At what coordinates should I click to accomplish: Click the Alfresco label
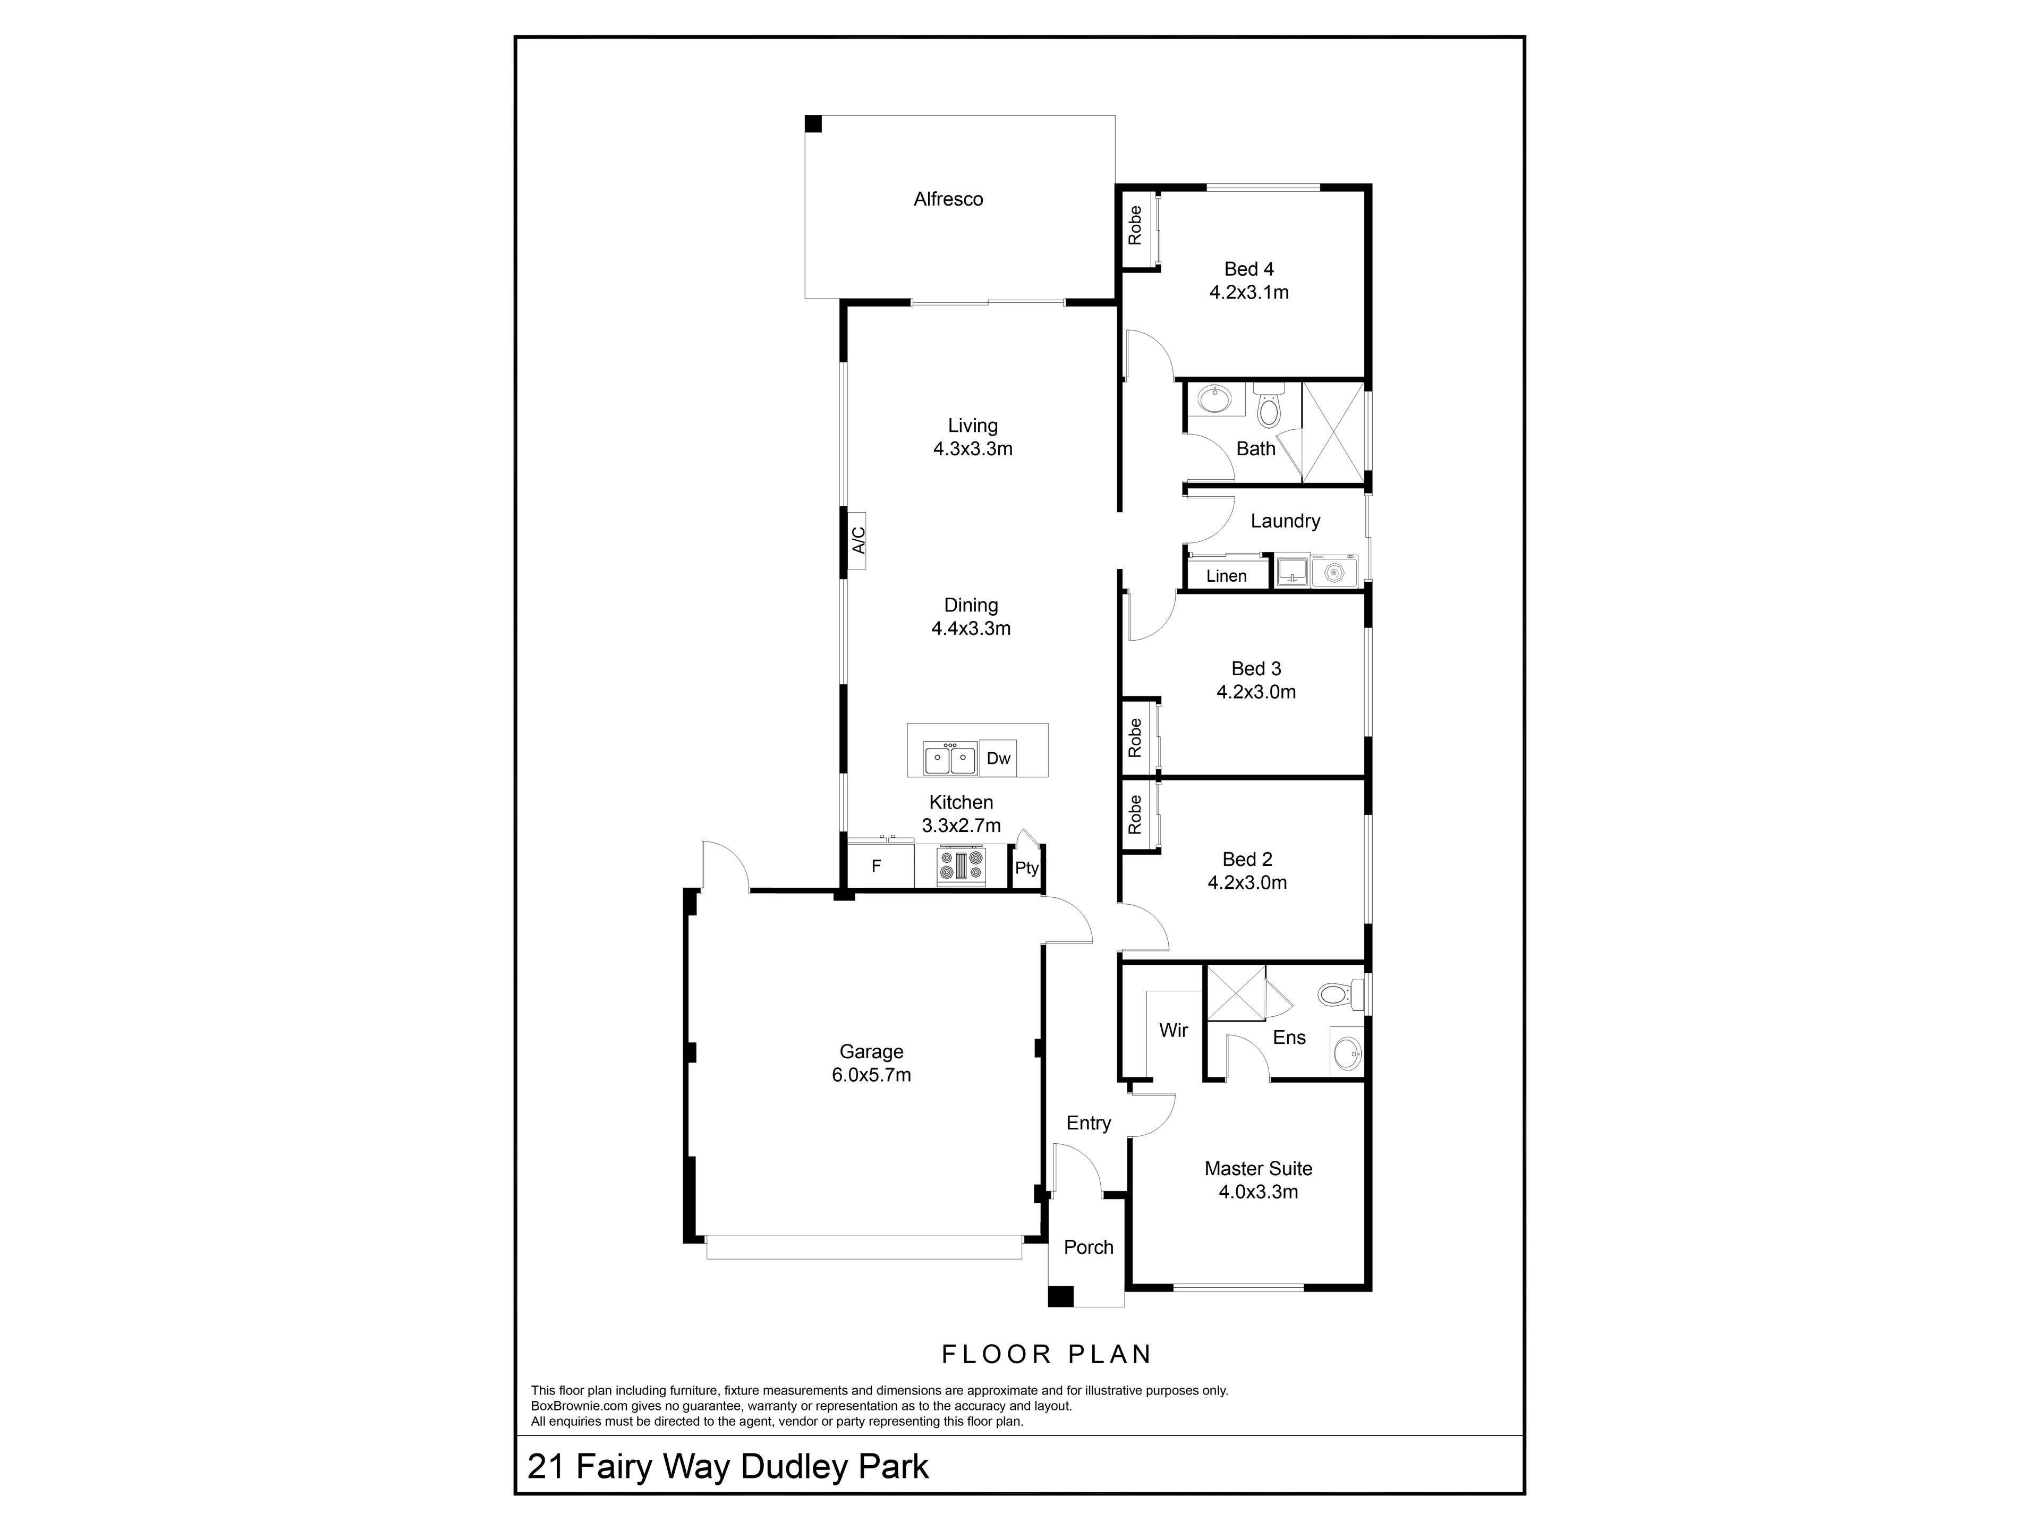pos(948,199)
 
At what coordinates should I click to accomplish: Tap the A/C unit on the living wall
pos(857,540)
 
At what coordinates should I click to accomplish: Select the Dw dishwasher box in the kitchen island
pos(998,758)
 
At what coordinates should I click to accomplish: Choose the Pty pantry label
pos(1026,868)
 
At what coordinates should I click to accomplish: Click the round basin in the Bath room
pos(1214,400)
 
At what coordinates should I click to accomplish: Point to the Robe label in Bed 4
pos(1134,225)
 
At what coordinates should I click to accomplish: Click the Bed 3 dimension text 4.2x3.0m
pos(1256,692)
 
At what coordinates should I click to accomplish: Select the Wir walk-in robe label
pos(1173,1030)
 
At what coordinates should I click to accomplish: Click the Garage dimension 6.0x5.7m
pos(872,1074)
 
